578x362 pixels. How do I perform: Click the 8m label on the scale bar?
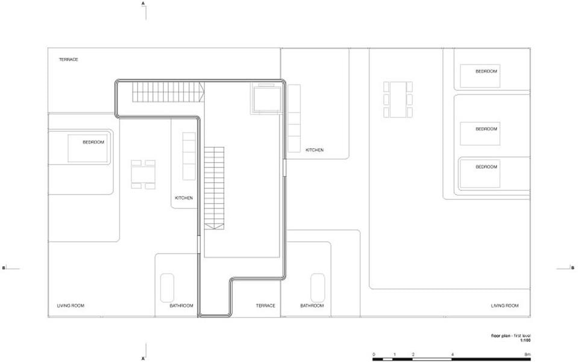click(528, 355)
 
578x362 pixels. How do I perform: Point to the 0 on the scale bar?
click(374, 355)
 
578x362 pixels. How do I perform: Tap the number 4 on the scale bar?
click(452, 355)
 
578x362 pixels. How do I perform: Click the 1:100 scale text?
click(526, 341)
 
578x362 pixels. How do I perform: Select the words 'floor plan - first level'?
click(510, 336)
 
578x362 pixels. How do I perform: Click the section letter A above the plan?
click(143, 4)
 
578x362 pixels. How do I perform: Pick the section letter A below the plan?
click(143, 358)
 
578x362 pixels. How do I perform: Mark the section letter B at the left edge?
click(4, 267)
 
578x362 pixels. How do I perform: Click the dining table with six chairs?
click(398, 99)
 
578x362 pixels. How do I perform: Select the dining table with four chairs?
click(143, 174)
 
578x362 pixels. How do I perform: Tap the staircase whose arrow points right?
click(168, 92)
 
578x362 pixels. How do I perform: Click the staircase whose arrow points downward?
click(214, 188)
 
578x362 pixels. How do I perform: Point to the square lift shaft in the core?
click(265, 98)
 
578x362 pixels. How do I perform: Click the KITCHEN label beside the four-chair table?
click(184, 198)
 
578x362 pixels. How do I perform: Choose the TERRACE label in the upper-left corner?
click(69, 59)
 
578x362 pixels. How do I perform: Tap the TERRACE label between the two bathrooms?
click(265, 305)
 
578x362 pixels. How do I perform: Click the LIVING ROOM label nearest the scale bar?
click(504, 305)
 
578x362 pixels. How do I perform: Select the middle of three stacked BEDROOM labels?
click(486, 129)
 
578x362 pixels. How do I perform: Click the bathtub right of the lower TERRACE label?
click(318, 287)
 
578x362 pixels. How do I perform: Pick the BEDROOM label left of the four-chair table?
click(93, 142)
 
